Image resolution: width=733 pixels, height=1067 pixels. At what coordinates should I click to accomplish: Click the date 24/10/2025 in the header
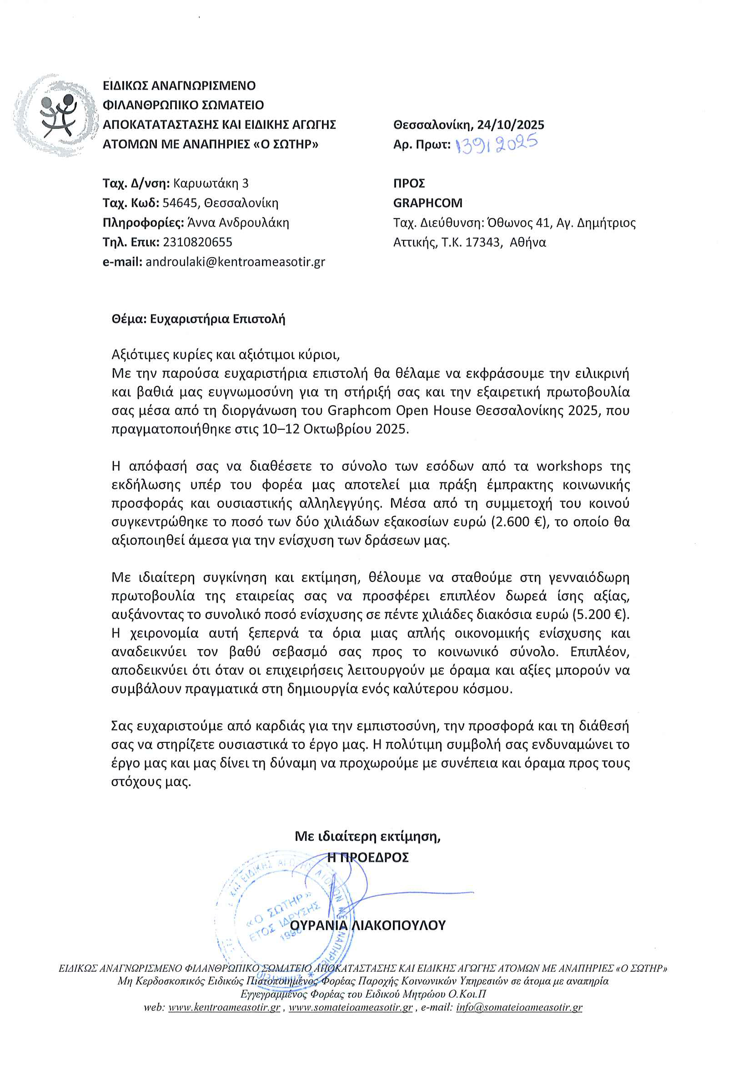pyautogui.click(x=510, y=125)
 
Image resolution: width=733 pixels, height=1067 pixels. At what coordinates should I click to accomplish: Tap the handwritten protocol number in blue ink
pyautogui.click(x=497, y=144)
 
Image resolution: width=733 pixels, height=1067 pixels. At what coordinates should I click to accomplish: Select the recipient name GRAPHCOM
pyautogui.click(x=427, y=203)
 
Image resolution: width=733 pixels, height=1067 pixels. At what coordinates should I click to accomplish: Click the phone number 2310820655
pyautogui.click(x=197, y=242)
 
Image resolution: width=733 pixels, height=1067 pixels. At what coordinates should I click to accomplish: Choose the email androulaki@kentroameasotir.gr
pyautogui.click(x=235, y=262)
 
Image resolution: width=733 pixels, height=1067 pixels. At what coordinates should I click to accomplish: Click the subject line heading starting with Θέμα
pyautogui.click(x=198, y=319)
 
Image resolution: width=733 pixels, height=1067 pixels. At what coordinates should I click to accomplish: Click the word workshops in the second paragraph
pyautogui.click(x=569, y=467)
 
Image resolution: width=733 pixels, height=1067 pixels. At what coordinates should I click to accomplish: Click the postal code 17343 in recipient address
pyautogui.click(x=482, y=243)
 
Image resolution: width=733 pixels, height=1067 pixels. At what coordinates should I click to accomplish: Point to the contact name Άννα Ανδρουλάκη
pyautogui.click(x=237, y=223)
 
